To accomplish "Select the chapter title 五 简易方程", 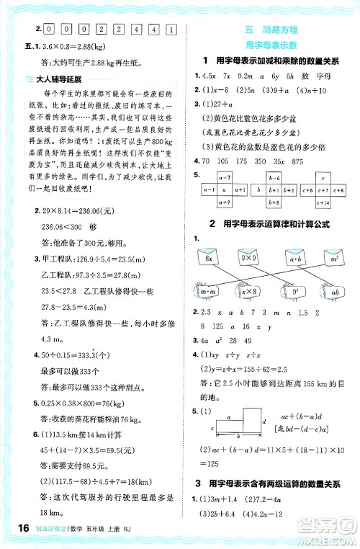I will coord(271,29).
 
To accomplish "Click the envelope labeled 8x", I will coord(211,256).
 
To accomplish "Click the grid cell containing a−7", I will coord(222,178).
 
